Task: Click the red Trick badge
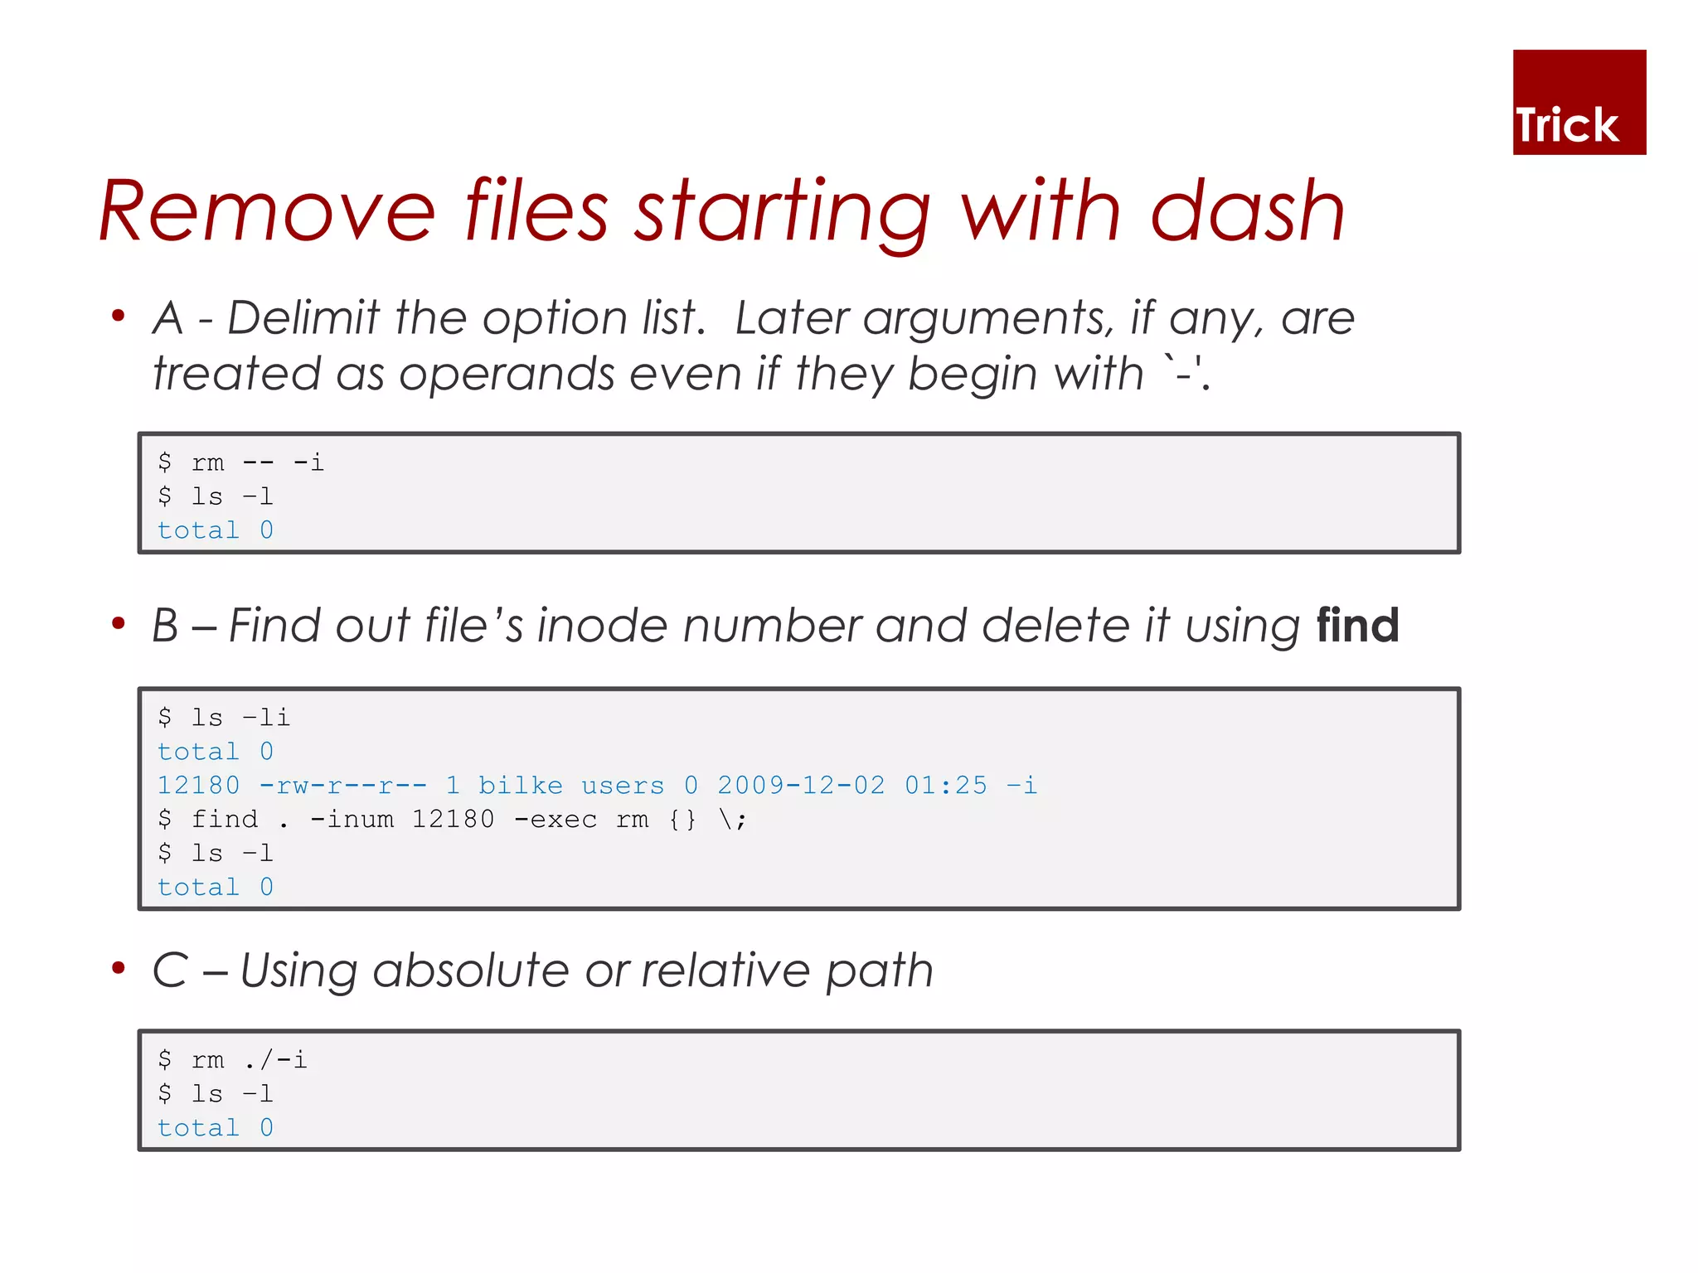(1578, 102)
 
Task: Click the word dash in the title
(1247, 212)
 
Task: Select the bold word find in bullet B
(1357, 625)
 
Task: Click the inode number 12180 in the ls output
(198, 785)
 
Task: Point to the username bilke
(520, 785)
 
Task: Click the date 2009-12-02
(800, 785)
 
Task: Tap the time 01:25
(945, 785)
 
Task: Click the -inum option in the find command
(352, 820)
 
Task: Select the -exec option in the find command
(555, 820)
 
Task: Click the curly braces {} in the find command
(682, 820)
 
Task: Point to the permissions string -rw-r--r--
(342, 785)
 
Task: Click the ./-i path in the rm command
(275, 1060)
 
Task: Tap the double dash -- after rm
(258, 462)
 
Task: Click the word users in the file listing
(622, 785)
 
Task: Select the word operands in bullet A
(507, 375)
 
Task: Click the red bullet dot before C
(119, 967)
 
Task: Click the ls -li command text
(240, 718)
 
